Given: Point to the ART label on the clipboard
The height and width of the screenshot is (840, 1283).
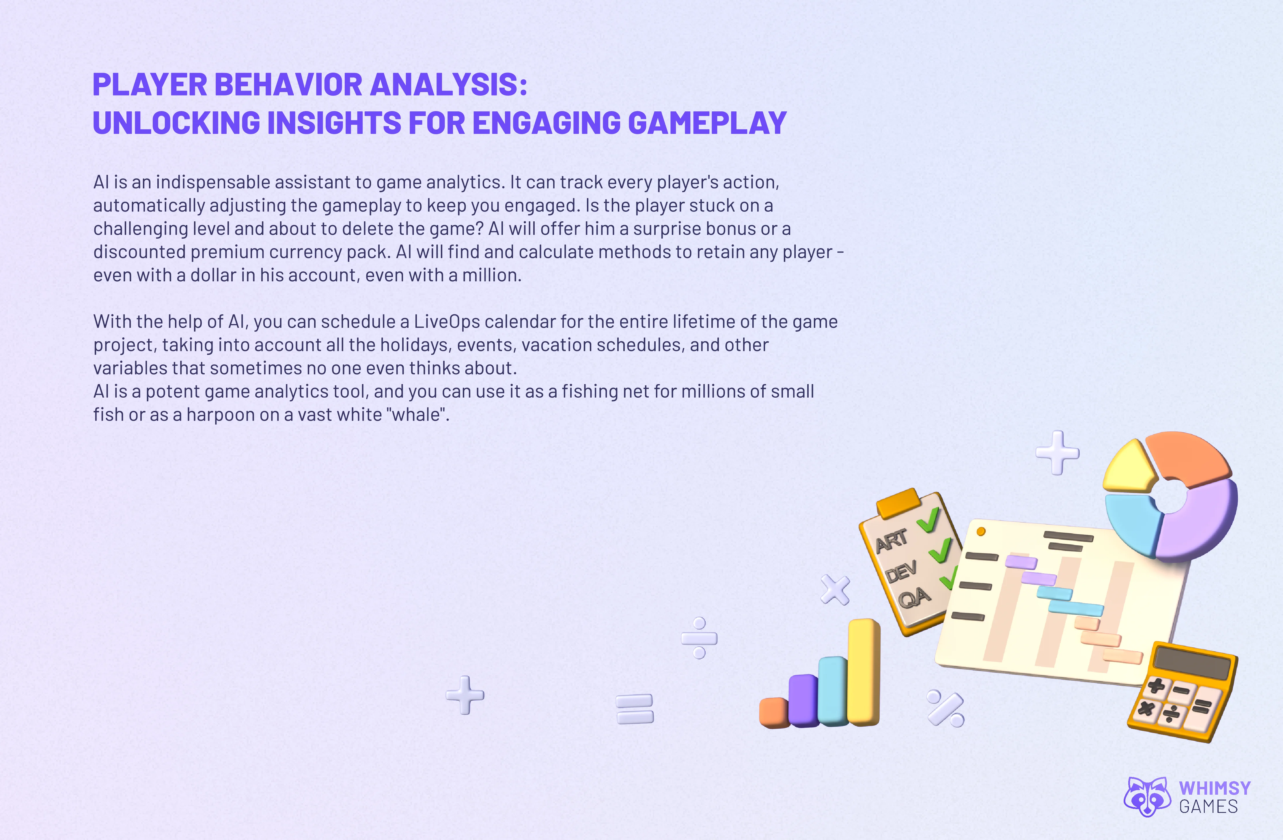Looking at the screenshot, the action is coord(892,540).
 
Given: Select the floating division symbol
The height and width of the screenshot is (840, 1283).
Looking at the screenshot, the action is coord(699,638).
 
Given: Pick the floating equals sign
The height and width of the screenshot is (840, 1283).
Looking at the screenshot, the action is coord(635,709).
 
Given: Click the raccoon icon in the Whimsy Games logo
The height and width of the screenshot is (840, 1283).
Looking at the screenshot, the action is coord(1147,796).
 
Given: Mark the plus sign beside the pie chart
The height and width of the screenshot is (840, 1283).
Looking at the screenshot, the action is coord(1057,452).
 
